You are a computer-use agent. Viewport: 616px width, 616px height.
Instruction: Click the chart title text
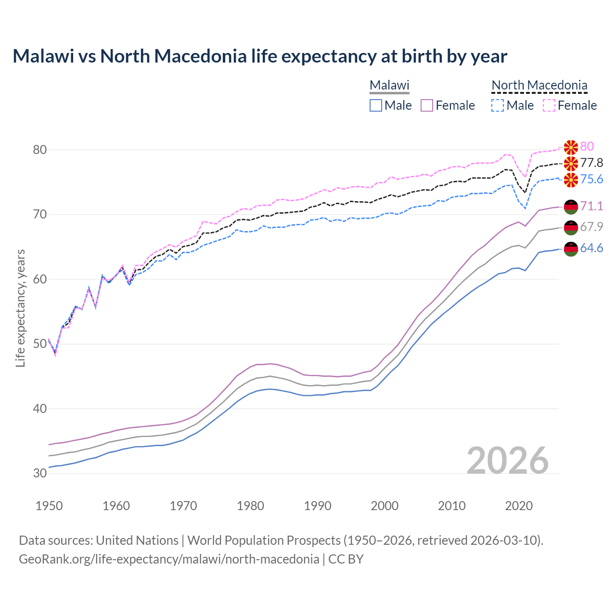tap(260, 56)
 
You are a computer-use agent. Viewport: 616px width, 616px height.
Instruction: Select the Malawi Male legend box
tap(376, 105)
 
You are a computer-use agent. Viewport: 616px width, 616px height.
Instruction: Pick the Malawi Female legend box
tap(427, 105)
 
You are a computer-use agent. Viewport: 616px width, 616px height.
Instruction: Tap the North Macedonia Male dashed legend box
tap(498, 105)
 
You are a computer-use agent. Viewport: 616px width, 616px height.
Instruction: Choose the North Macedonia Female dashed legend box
tap(549, 105)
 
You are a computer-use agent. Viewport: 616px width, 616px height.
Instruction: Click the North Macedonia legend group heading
tap(539, 85)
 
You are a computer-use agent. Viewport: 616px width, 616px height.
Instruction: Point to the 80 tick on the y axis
tap(40, 150)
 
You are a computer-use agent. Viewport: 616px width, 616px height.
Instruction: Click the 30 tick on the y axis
tap(40, 473)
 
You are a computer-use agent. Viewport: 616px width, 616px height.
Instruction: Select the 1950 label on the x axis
tap(49, 506)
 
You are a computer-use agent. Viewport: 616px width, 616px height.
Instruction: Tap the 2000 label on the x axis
tap(385, 506)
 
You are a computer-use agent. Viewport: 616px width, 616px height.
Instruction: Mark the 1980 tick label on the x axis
tap(250, 506)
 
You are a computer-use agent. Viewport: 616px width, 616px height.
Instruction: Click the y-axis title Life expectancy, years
tap(20, 308)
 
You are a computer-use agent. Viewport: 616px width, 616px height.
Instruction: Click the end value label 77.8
tap(591, 163)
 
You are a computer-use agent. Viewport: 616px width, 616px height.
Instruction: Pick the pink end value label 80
tap(587, 146)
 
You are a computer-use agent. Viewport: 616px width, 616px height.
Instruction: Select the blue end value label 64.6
tap(591, 248)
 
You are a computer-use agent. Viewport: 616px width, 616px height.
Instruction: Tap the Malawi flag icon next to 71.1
tap(571, 206)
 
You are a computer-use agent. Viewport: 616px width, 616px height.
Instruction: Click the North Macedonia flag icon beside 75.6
tap(571, 180)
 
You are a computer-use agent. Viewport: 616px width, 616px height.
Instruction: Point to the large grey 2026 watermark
tap(508, 461)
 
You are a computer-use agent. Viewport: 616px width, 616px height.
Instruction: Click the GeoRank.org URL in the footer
tap(169, 559)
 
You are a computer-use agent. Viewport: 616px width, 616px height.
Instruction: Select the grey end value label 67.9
tap(591, 227)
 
